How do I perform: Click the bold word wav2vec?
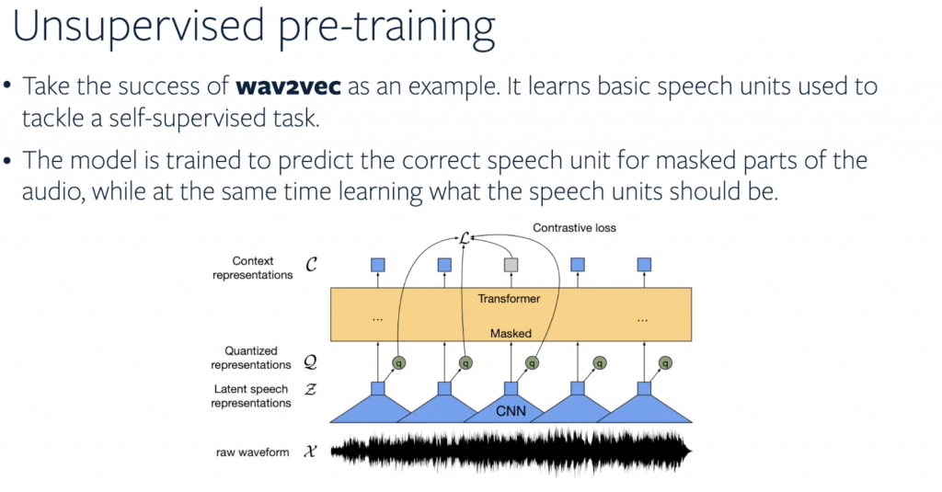tap(288, 86)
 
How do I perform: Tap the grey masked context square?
tap(511, 265)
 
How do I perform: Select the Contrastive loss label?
tap(574, 228)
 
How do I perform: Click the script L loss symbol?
tap(464, 238)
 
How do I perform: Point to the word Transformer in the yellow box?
tap(509, 299)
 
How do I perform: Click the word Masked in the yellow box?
tap(511, 334)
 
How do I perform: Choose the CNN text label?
tap(511, 411)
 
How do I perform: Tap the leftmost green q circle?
tap(398, 363)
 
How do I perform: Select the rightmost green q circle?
tap(665, 363)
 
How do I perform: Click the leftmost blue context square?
tap(378, 265)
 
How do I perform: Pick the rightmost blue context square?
tap(644, 265)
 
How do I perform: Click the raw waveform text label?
tap(252, 452)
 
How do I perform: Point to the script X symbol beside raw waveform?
tap(310, 452)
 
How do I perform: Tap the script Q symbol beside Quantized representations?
tap(310, 361)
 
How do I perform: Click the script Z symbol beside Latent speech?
tap(310, 390)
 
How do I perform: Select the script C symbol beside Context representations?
tap(311, 264)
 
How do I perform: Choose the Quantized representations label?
tap(251, 358)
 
